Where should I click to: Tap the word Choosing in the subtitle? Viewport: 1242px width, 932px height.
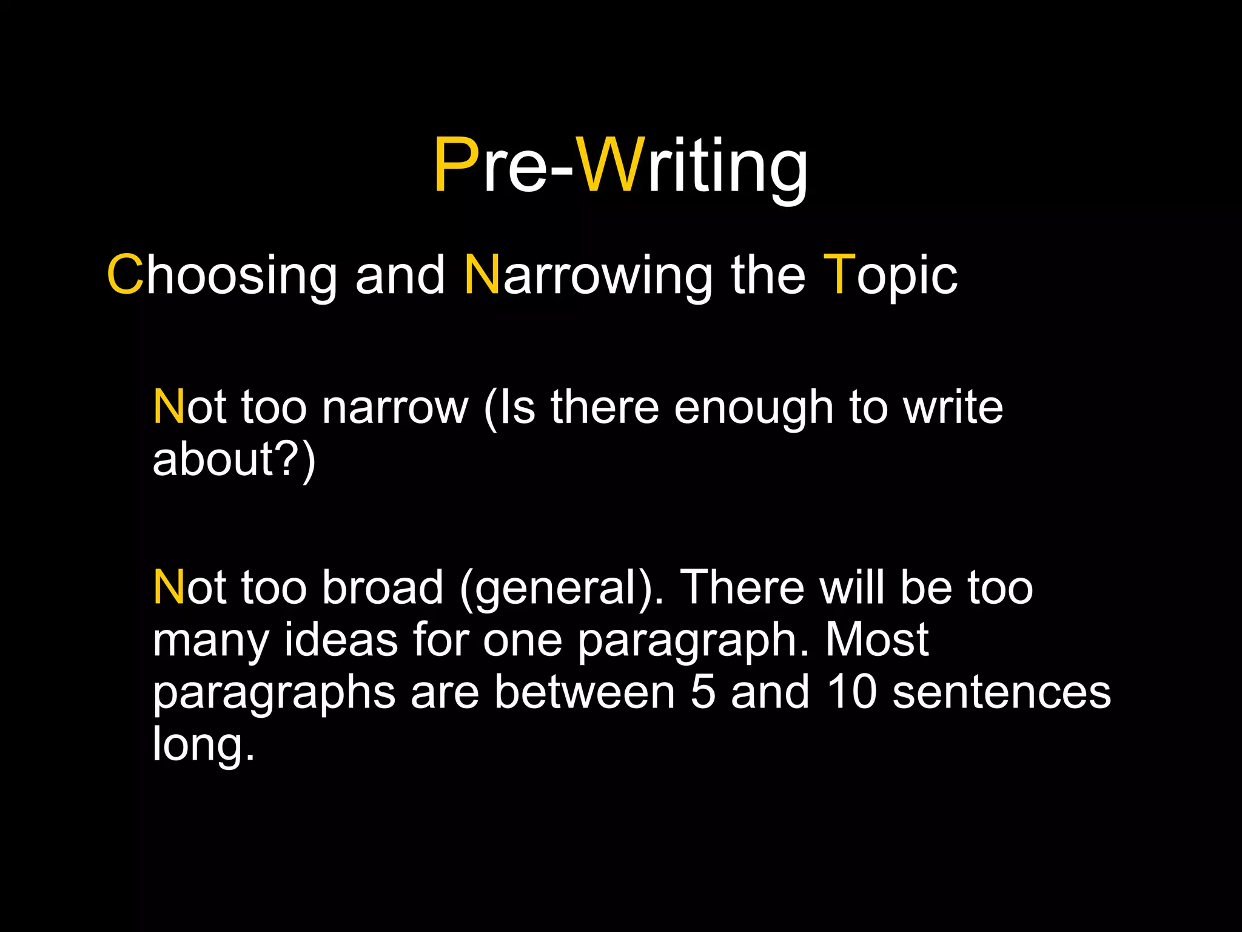222,275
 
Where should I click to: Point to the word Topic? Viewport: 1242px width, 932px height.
890,275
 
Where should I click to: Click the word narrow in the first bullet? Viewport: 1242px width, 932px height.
395,408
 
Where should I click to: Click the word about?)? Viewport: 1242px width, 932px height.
234,459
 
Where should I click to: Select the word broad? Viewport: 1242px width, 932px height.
383,587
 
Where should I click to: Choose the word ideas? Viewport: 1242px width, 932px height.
341,640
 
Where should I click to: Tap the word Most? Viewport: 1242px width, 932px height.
877,640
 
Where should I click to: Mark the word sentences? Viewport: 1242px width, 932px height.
1001,693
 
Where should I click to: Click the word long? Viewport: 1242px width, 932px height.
203,745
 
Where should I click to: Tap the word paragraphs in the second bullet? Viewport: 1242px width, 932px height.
274,693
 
